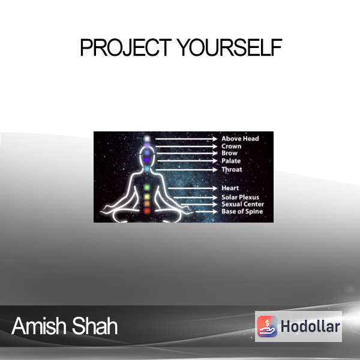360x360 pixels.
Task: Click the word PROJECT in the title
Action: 125,47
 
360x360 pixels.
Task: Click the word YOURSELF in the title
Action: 230,47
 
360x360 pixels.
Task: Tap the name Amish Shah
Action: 65,326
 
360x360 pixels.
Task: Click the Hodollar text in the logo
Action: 310,326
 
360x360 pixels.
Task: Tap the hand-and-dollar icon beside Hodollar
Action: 267,326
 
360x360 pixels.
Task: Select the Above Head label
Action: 240,139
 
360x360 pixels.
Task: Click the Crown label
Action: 231,146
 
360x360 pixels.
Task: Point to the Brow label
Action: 229,153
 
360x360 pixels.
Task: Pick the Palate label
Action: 231,161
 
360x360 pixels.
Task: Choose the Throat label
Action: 232,169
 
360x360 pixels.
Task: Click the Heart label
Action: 230,188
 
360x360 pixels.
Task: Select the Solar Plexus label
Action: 240,197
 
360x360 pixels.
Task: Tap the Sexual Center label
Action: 242,204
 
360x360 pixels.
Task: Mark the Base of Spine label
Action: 242,211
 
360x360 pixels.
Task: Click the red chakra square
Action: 147,211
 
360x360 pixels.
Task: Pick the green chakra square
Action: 147,188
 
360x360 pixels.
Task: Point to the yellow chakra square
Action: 147,197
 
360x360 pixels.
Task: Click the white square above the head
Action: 147,139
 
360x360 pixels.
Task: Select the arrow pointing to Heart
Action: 193,188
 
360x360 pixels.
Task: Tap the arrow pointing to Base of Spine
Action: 206,212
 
